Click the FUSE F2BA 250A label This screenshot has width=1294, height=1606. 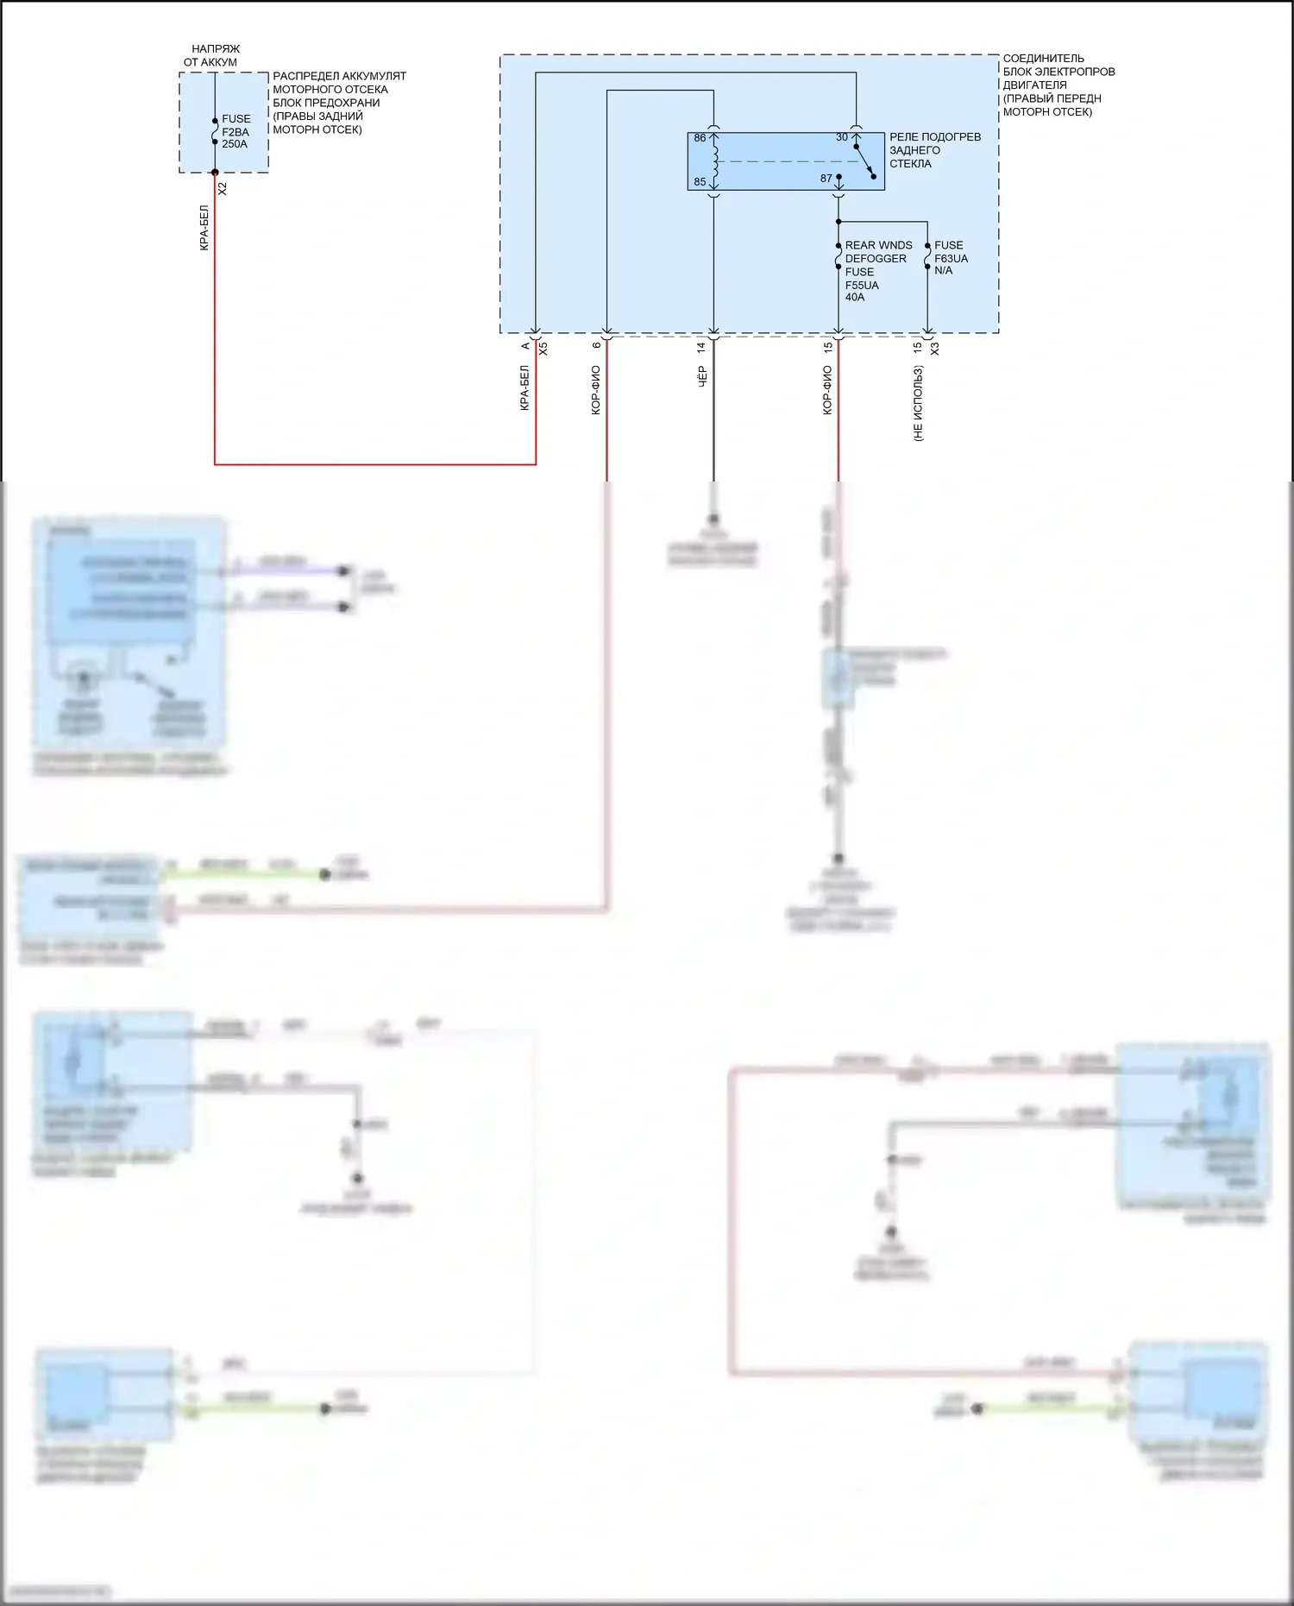(236, 131)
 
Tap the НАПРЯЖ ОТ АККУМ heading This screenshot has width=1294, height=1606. (212, 55)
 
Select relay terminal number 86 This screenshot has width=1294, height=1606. (700, 138)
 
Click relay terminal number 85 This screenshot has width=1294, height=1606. (700, 182)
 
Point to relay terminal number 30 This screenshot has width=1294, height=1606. (842, 137)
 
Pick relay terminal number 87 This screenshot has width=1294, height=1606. (826, 179)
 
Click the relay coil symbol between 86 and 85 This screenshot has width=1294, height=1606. (714, 161)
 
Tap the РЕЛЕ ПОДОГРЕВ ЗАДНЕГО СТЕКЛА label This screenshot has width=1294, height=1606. (934, 150)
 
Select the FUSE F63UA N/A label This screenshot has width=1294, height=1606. (951, 258)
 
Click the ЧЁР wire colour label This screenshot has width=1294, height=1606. (702, 376)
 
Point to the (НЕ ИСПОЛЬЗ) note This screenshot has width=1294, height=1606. (918, 403)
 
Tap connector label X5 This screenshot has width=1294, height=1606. (543, 349)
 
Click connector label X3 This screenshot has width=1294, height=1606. (934, 349)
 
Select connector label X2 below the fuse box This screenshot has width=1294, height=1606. (223, 188)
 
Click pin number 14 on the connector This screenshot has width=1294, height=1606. (701, 347)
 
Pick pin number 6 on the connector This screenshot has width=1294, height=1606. (596, 345)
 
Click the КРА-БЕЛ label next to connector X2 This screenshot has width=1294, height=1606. (204, 228)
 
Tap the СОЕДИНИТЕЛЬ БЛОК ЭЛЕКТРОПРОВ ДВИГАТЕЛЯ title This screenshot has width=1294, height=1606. (1058, 85)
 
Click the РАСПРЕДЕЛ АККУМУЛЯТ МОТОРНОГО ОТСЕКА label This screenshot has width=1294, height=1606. (338, 103)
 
